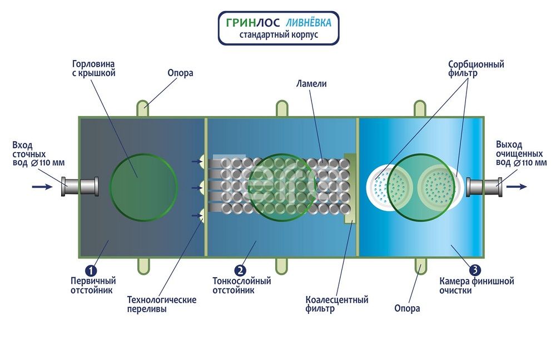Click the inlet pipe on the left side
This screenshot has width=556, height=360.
click(80, 186)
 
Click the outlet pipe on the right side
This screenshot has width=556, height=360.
click(484, 187)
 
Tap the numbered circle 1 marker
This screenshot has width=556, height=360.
click(91, 271)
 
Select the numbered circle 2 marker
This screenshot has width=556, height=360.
click(240, 271)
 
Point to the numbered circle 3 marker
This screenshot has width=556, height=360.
click(475, 271)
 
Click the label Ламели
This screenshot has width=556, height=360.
click(311, 84)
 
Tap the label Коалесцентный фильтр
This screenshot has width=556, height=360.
click(337, 304)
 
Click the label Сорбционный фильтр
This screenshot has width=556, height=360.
click(476, 69)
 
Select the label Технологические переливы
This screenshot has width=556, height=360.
click(162, 304)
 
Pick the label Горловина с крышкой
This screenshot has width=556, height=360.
click(94, 68)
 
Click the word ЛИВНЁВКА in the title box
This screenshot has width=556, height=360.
click(309, 23)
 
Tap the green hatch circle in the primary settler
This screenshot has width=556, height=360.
click(143, 187)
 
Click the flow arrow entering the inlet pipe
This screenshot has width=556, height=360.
click(42, 186)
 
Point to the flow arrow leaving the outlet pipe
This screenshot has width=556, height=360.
click(517, 186)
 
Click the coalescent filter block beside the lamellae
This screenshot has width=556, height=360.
click(350, 188)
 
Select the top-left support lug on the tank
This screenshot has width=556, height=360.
click(142, 108)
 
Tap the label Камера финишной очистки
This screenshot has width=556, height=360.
click(476, 286)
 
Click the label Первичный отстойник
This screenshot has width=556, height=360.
click(93, 286)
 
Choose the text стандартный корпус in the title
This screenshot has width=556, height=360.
click(279, 35)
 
